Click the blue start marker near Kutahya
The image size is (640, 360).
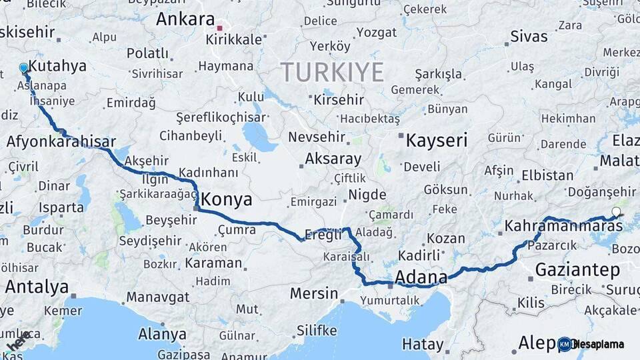point(24,68)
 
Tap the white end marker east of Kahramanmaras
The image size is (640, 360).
point(616,213)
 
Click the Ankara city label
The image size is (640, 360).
point(185,19)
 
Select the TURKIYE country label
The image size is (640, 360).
point(332,71)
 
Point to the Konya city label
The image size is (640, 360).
point(227,199)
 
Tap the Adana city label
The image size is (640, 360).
point(421,277)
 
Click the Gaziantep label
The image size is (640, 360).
point(577,270)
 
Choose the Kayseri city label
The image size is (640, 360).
point(437,140)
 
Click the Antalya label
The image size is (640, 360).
point(37,287)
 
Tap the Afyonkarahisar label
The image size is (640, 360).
point(61,141)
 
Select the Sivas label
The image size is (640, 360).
point(529,36)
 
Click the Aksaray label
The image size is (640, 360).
point(333,159)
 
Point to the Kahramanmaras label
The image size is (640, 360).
point(563,227)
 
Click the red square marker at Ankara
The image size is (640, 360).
point(220,29)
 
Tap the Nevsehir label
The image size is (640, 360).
point(317,137)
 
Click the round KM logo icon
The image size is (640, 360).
point(565,344)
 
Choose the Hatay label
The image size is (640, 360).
point(423,345)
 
